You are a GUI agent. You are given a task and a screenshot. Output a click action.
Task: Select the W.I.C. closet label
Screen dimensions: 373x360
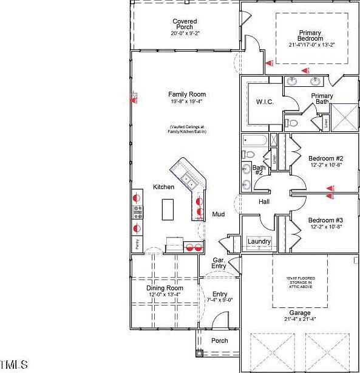(x=265, y=101)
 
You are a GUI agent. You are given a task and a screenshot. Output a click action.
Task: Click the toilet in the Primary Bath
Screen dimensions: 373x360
(x=292, y=123)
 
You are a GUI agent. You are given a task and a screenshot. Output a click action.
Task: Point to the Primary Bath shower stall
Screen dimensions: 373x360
(x=345, y=116)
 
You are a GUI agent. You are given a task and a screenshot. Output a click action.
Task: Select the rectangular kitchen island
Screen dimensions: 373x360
(x=168, y=210)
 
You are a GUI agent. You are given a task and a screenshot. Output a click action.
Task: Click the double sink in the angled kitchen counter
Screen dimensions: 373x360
(x=190, y=182)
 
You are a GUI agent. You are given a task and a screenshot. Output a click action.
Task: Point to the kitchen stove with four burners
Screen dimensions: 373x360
(x=138, y=212)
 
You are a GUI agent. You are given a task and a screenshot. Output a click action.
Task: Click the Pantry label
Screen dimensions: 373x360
(x=137, y=244)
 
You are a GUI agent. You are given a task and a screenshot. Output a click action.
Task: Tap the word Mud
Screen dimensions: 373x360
(x=219, y=214)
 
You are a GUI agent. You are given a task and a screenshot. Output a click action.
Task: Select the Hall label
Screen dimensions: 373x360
(x=264, y=202)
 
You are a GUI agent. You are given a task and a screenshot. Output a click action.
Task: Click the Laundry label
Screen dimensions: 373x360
(x=259, y=242)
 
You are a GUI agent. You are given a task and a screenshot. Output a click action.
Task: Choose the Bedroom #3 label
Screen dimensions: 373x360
(x=325, y=220)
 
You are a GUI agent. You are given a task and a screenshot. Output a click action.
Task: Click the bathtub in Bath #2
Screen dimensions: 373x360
(x=255, y=140)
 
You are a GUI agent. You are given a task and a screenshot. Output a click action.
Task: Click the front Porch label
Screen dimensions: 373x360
(x=219, y=341)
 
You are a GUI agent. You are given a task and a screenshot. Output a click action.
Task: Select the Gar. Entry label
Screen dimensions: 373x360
(x=219, y=263)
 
